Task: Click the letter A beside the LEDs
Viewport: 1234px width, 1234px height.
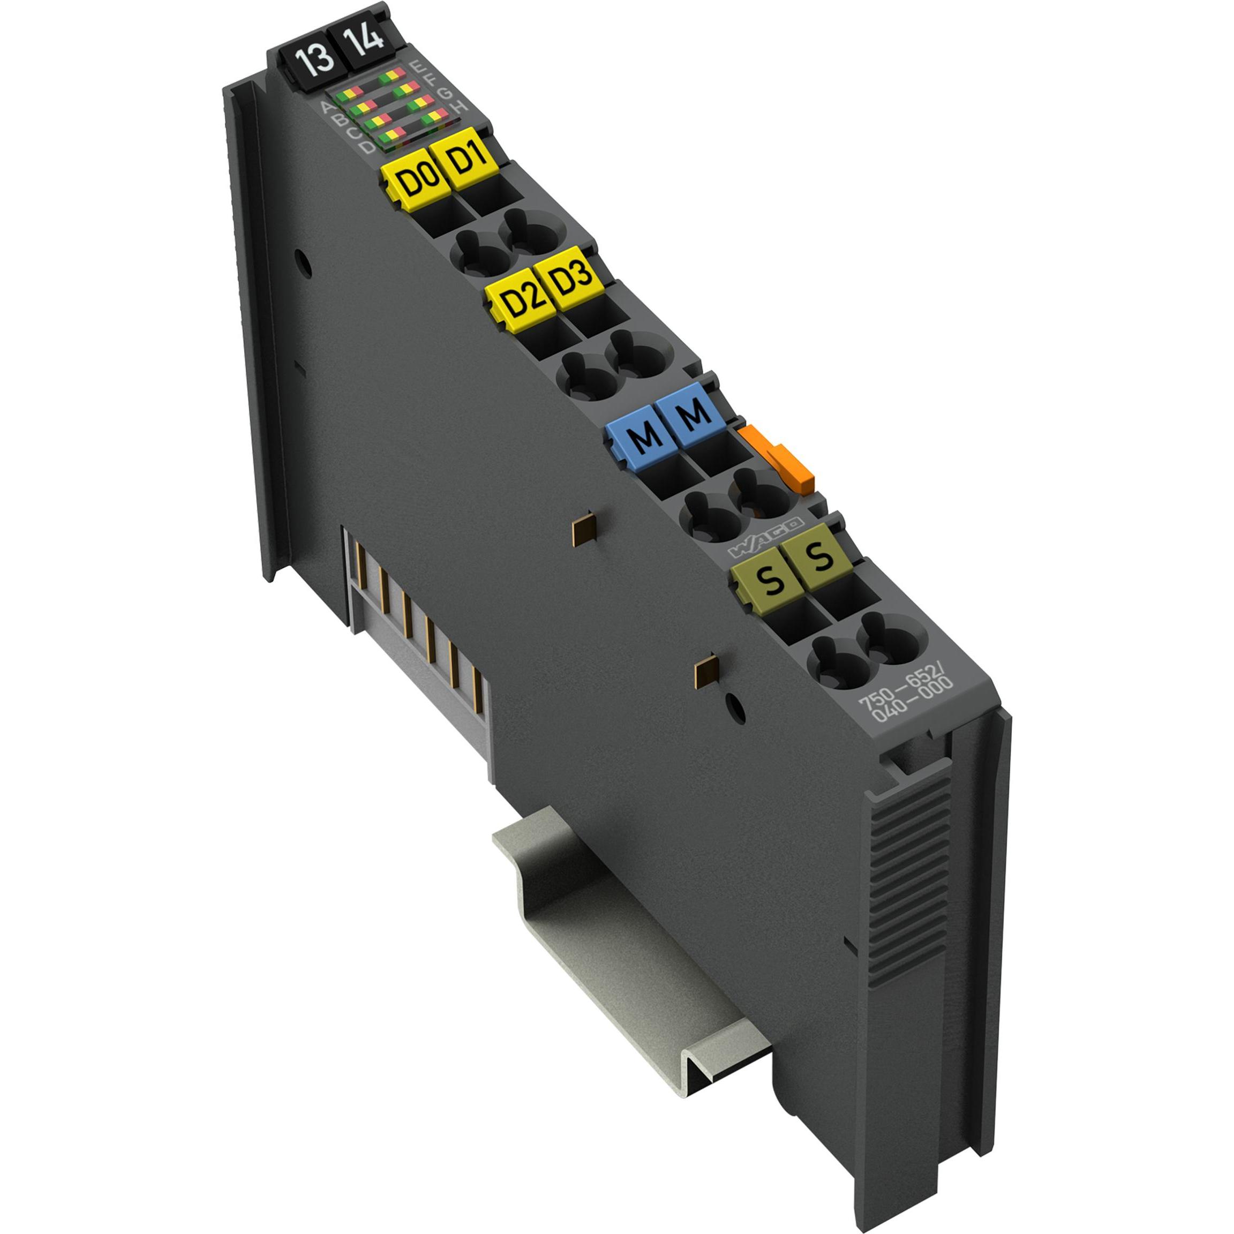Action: (327, 106)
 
